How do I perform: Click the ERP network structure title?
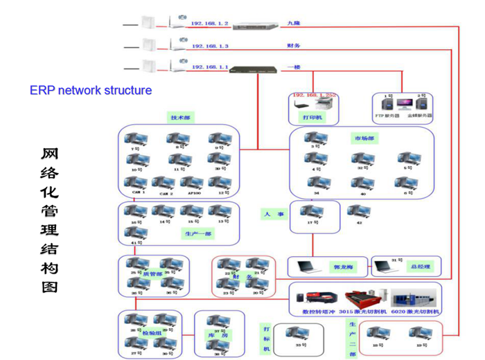pyautogui.click(x=91, y=90)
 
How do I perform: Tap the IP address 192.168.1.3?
pyautogui.click(x=210, y=46)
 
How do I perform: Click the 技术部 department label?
pyautogui.click(x=182, y=118)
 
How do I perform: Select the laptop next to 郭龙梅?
pyautogui.click(x=305, y=265)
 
